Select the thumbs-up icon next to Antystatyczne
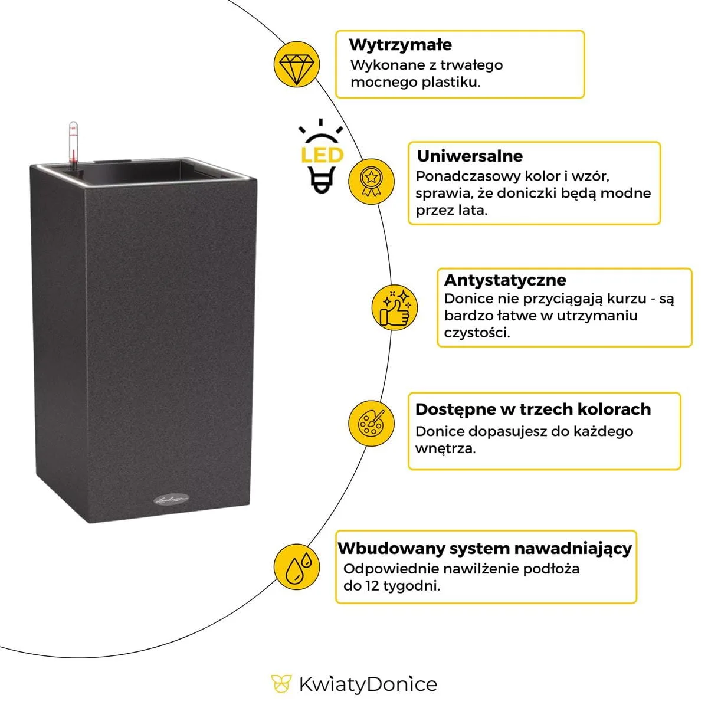394,307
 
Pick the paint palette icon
371,422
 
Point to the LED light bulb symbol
322,156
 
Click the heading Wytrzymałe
401,45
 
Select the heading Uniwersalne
470,156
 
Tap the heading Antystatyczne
505,280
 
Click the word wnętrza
445,448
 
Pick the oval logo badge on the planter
170,501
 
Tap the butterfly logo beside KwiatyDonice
281,684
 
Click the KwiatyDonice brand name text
368,684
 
